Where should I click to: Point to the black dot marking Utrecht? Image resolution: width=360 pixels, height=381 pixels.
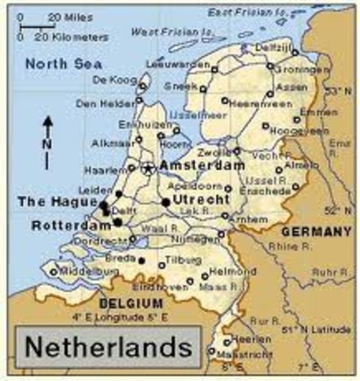[165, 202]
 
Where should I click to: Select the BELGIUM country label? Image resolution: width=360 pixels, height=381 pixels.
[131, 303]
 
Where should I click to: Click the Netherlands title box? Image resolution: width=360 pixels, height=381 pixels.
[106, 347]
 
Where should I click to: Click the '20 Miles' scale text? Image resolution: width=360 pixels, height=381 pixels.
[64, 16]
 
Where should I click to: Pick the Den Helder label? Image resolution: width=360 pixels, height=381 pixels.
[99, 103]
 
